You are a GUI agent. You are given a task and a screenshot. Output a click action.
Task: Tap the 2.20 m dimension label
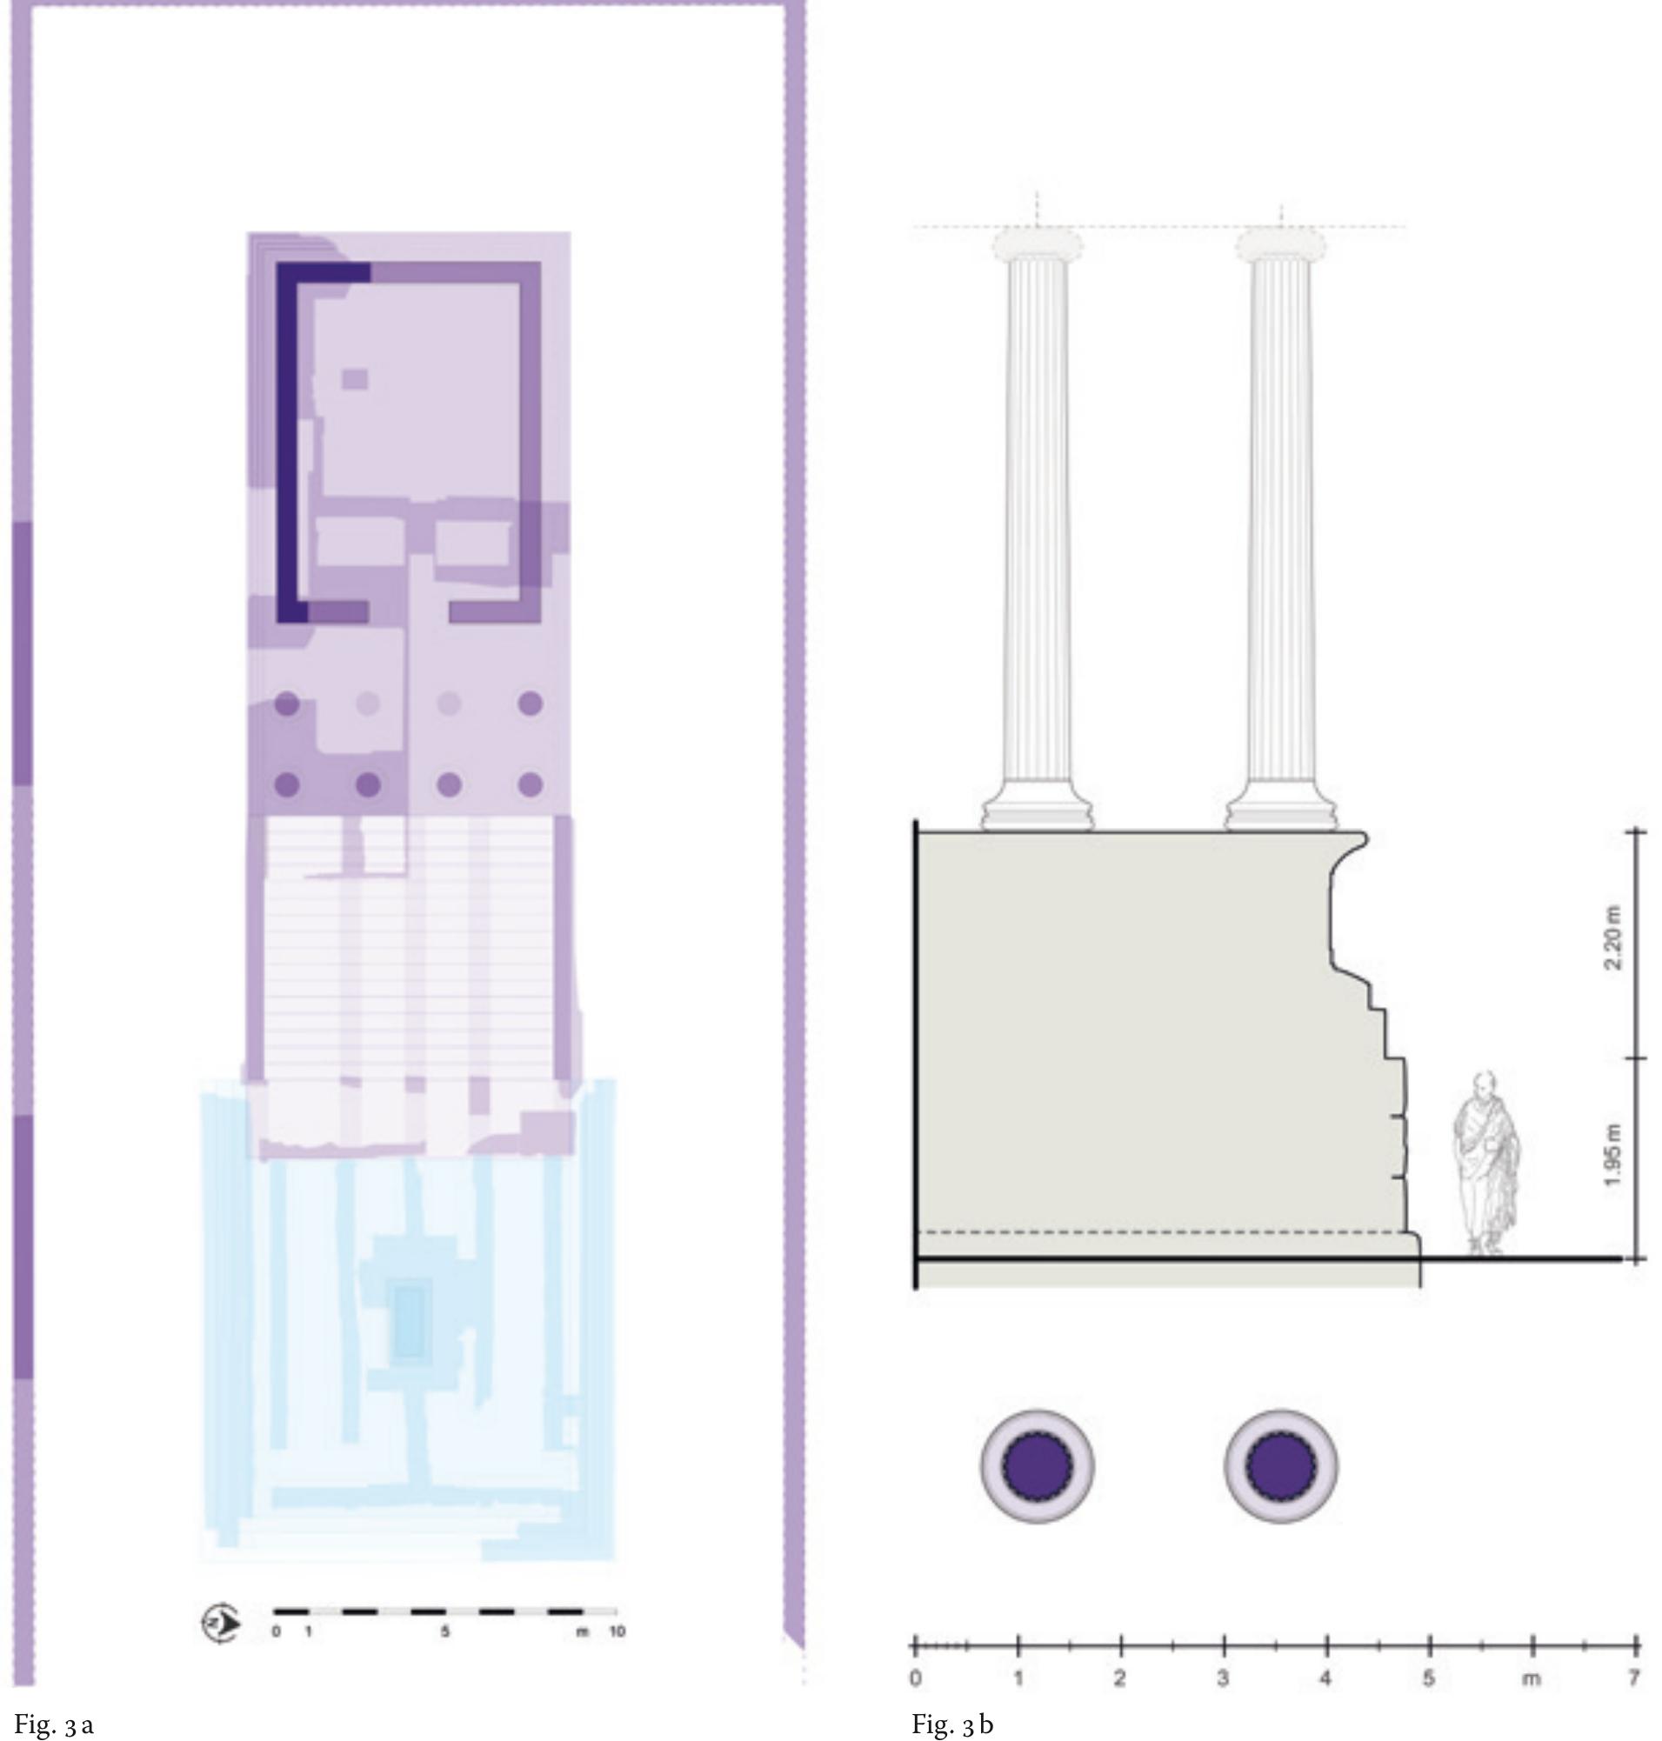pyautogui.click(x=1613, y=938)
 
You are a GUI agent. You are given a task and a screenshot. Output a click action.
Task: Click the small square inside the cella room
pyautogui.click(x=355, y=378)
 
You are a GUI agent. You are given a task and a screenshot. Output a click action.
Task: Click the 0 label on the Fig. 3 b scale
pyautogui.click(x=916, y=1678)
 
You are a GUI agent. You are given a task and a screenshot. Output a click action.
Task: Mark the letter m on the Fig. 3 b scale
pyautogui.click(x=1532, y=1678)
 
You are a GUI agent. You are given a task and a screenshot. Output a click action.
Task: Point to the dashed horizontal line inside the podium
pyautogui.click(x=1151, y=1231)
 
